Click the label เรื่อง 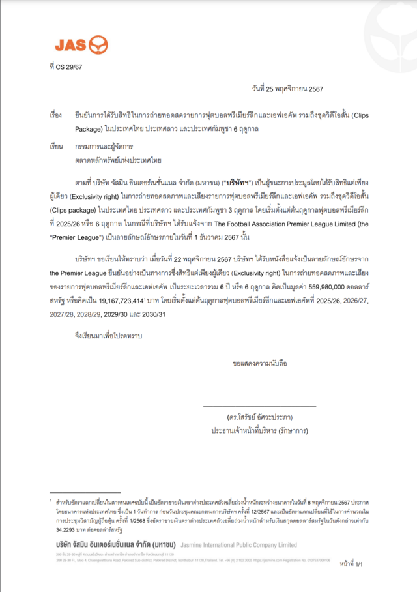coord(55,114)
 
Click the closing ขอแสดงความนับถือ coord(259,361)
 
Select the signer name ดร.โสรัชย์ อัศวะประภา coord(259,417)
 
